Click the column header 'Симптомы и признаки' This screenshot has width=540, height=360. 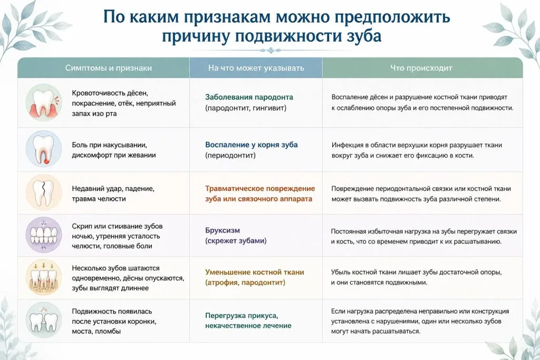pos(109,68)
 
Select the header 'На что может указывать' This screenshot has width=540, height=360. pos(256,68)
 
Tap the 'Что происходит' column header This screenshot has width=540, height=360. pos(421,68)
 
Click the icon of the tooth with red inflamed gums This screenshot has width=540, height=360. pos(44,103)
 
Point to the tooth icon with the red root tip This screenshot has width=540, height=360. pos(44,149)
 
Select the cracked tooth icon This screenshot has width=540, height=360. pos(44,192)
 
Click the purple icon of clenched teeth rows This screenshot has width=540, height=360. pos(44,235)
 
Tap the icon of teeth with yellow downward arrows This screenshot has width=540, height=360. pos(44,277)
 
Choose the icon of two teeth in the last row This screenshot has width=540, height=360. pos(44,320)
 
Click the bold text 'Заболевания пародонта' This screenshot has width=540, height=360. pos(249,97)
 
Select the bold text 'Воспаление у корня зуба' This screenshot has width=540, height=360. pos(252,144)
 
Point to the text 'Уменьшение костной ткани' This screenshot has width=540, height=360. pos(255,272)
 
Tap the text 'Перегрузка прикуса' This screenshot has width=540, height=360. pos(242,316)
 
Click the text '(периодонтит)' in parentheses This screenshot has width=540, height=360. pos(230,155)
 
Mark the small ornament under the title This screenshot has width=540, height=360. pos(271,51)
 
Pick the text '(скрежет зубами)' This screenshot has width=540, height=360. pos(236,240)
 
